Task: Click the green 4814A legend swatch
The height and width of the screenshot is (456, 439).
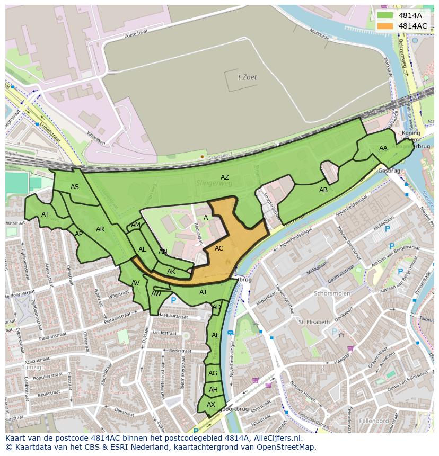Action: coord(385,15)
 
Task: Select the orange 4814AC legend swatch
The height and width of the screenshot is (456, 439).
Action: coord(385,26)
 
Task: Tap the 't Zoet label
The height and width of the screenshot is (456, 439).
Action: coord(247,77)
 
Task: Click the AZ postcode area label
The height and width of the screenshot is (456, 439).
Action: coord(225,177)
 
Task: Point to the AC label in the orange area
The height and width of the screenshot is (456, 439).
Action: coord(219,248)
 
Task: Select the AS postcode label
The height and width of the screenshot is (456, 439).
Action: coord(75,187)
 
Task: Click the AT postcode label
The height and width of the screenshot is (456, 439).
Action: coord(45,214)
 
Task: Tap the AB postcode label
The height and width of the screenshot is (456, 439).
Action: coord(323,190)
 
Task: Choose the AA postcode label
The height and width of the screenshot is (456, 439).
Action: coord(383,148)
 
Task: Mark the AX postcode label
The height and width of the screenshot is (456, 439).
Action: coord(211,404)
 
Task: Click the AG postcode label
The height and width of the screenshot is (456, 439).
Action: coord(213,373)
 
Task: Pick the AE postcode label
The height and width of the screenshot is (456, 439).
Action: coord(216,335)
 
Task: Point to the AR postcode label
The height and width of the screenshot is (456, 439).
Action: coord(100,229)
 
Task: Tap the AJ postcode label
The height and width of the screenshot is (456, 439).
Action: coord(203,292)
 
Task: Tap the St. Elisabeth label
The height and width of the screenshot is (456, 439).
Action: coord(314,321)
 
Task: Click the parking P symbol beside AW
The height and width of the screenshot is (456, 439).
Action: coord(173,300)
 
